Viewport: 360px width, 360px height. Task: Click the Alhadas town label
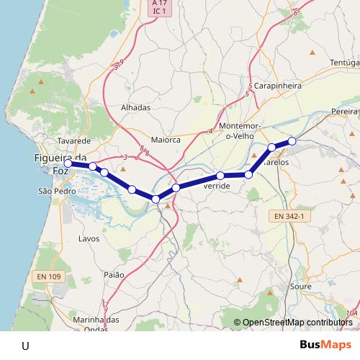(135, 107)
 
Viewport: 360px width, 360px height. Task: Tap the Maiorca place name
(166, 140)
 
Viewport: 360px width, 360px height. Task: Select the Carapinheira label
(277, 85)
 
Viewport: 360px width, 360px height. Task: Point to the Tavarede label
(74, 141)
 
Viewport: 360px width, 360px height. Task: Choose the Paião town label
(114, 275)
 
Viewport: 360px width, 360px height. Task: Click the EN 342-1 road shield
(292, 215)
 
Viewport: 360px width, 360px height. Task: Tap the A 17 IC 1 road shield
(159, 8)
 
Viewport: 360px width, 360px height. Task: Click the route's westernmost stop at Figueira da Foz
(68, 163)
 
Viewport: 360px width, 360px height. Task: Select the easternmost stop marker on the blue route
(292, 141)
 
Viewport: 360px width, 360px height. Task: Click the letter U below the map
(26, 346)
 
